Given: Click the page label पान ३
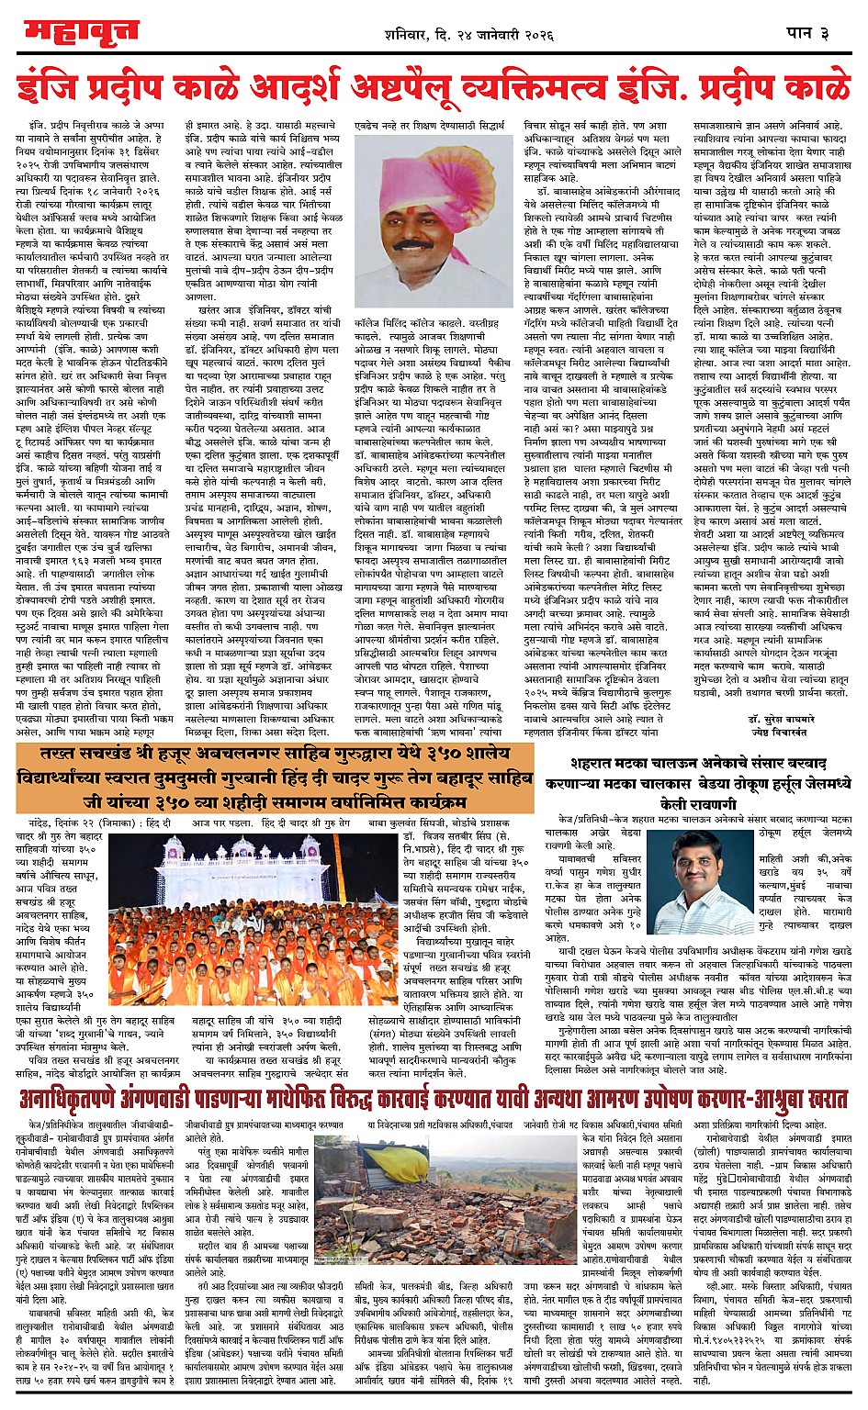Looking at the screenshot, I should coord(809,34).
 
